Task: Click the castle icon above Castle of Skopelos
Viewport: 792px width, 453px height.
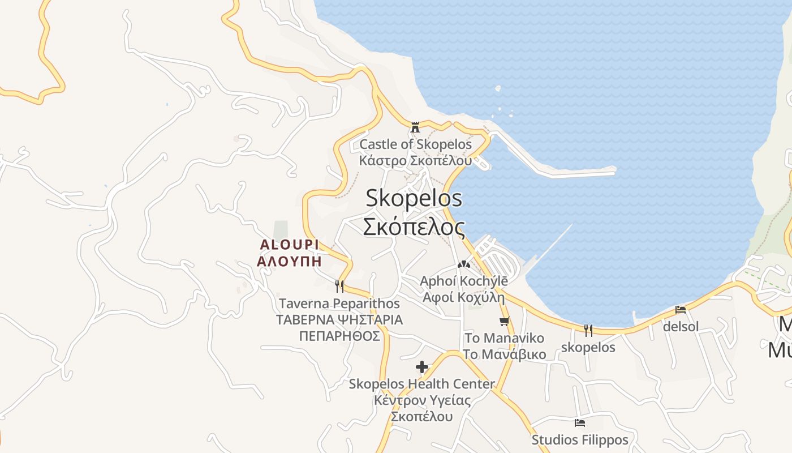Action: click(x=415, y=127)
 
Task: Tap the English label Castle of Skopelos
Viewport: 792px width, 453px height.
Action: click(x=415, y=144)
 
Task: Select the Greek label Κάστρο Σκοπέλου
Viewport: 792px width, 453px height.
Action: click(x=415, y=160)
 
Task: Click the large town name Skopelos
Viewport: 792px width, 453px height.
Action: click(x=414, y=199)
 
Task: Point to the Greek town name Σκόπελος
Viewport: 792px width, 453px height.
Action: click(x=414, y=226)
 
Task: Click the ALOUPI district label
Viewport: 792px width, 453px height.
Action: click(x=289, y=245)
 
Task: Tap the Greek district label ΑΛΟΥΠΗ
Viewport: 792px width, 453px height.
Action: click(x=289, y=262)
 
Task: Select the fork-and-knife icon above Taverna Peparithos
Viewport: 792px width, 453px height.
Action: click(x=339, y=286)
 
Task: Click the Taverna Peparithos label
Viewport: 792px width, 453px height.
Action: click(x=339, y=304)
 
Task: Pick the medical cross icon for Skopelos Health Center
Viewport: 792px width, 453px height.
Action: click(x=422, y=366)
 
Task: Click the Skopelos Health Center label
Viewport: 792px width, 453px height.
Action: click(x=422, y=384)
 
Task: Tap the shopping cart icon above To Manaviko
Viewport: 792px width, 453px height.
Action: click(x=505, y=321)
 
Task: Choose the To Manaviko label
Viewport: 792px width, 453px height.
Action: click(x=505, y=339)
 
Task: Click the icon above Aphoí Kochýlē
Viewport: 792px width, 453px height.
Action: click(x=464, y=264)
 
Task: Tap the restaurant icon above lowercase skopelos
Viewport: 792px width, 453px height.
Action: click(x=588, y=330)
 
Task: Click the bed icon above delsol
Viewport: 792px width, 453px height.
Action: click(x=681, y=310)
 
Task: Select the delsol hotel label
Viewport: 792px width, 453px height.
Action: click(x=681, y=327)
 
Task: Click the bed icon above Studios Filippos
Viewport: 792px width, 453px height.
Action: click(x=580, y=423)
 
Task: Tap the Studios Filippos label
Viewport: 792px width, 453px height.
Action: click(x=580, y=440)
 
